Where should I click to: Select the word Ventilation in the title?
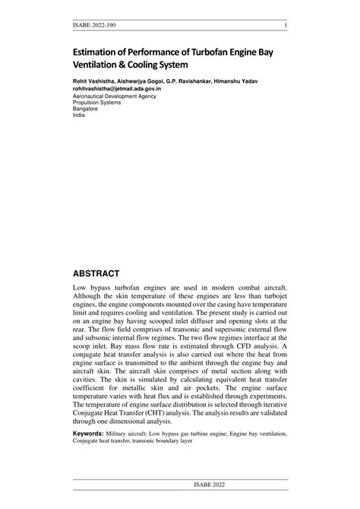pos(96,65)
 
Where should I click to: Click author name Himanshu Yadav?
pos(238,81)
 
